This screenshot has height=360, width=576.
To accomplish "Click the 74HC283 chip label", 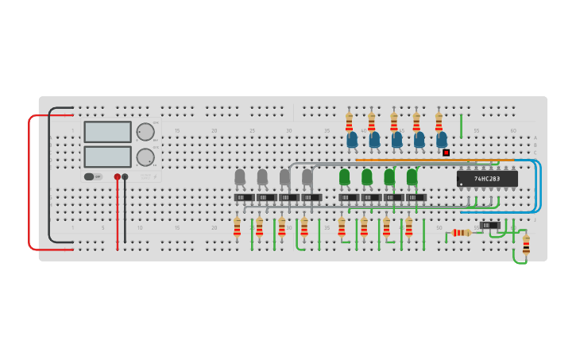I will [487, 179].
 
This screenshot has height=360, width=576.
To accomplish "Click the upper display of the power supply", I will [107, 132].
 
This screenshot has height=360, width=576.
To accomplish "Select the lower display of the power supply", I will [107, 157].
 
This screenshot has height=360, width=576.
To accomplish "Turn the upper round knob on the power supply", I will [145, 132].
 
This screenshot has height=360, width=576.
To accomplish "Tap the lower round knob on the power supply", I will [145, 157].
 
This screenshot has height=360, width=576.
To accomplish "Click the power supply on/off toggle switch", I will [93, 176].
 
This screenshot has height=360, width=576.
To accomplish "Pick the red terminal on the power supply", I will [117, 177].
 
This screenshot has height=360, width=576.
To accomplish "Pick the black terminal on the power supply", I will [125, 177].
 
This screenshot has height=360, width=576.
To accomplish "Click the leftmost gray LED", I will [240, 177].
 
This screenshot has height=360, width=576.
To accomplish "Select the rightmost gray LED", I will [307, 177].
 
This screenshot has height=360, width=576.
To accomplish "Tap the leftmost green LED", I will [344, 176].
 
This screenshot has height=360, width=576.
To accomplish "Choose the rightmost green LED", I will [412, 176].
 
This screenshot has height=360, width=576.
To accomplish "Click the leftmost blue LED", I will [352, 140].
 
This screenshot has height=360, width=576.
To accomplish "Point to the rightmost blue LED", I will [442, 140].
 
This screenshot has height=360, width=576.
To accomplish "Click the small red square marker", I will [446, 153].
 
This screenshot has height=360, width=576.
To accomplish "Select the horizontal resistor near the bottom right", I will [462, 233].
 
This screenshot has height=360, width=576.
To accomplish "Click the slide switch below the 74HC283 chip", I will [490, 225].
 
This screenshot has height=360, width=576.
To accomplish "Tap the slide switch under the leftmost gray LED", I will [244, 198].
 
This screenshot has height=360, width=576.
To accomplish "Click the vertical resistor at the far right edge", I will [526, 244].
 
